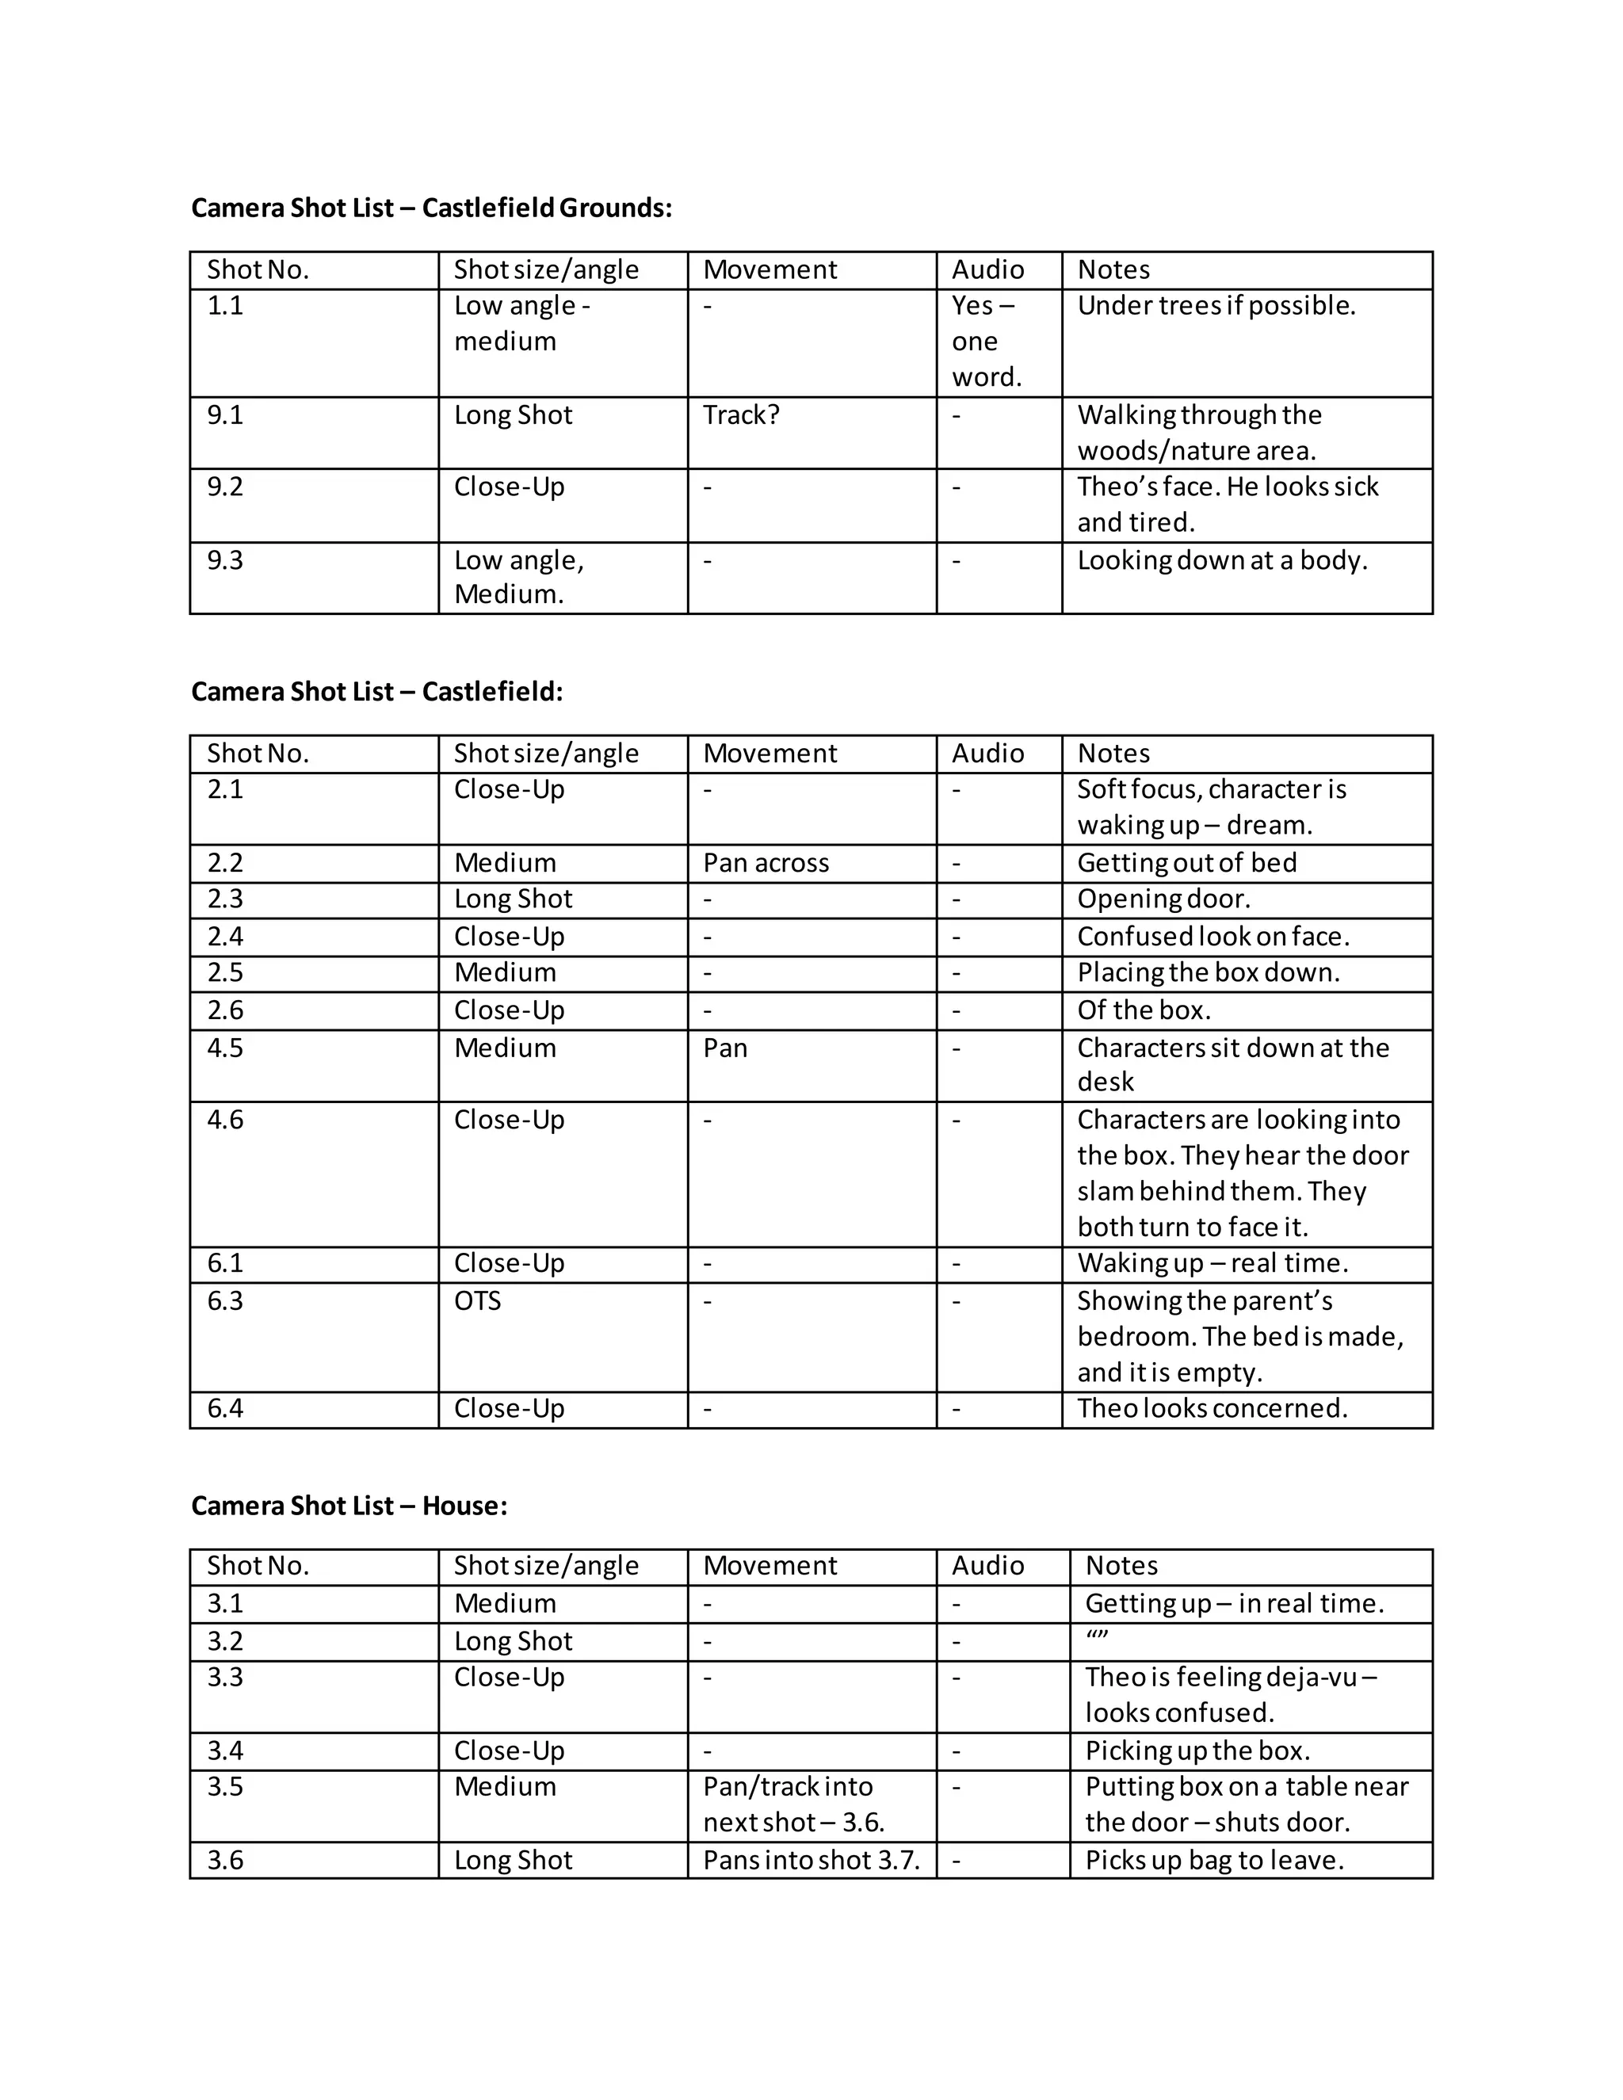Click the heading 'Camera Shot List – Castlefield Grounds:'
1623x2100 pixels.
432,208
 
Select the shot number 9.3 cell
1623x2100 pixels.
225,559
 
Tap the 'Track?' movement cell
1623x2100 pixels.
740,414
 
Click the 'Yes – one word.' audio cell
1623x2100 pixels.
987,342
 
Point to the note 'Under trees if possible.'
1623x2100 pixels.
1216,306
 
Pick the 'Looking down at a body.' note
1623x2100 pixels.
1221,559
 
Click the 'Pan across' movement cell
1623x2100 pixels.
766,862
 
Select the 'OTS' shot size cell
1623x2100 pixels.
478,1301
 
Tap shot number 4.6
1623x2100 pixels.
225,1119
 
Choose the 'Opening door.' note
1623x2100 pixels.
1163,899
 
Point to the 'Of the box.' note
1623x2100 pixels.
1144,1010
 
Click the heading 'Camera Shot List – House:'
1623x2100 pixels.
349,1505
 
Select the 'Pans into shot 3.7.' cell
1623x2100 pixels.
811,1860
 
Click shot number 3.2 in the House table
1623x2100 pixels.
225,1640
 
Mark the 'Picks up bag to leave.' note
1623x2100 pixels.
1213,1860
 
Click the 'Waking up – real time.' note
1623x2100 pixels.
1212,1262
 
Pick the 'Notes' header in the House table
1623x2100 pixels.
1121,1565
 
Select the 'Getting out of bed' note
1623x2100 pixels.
1186,862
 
